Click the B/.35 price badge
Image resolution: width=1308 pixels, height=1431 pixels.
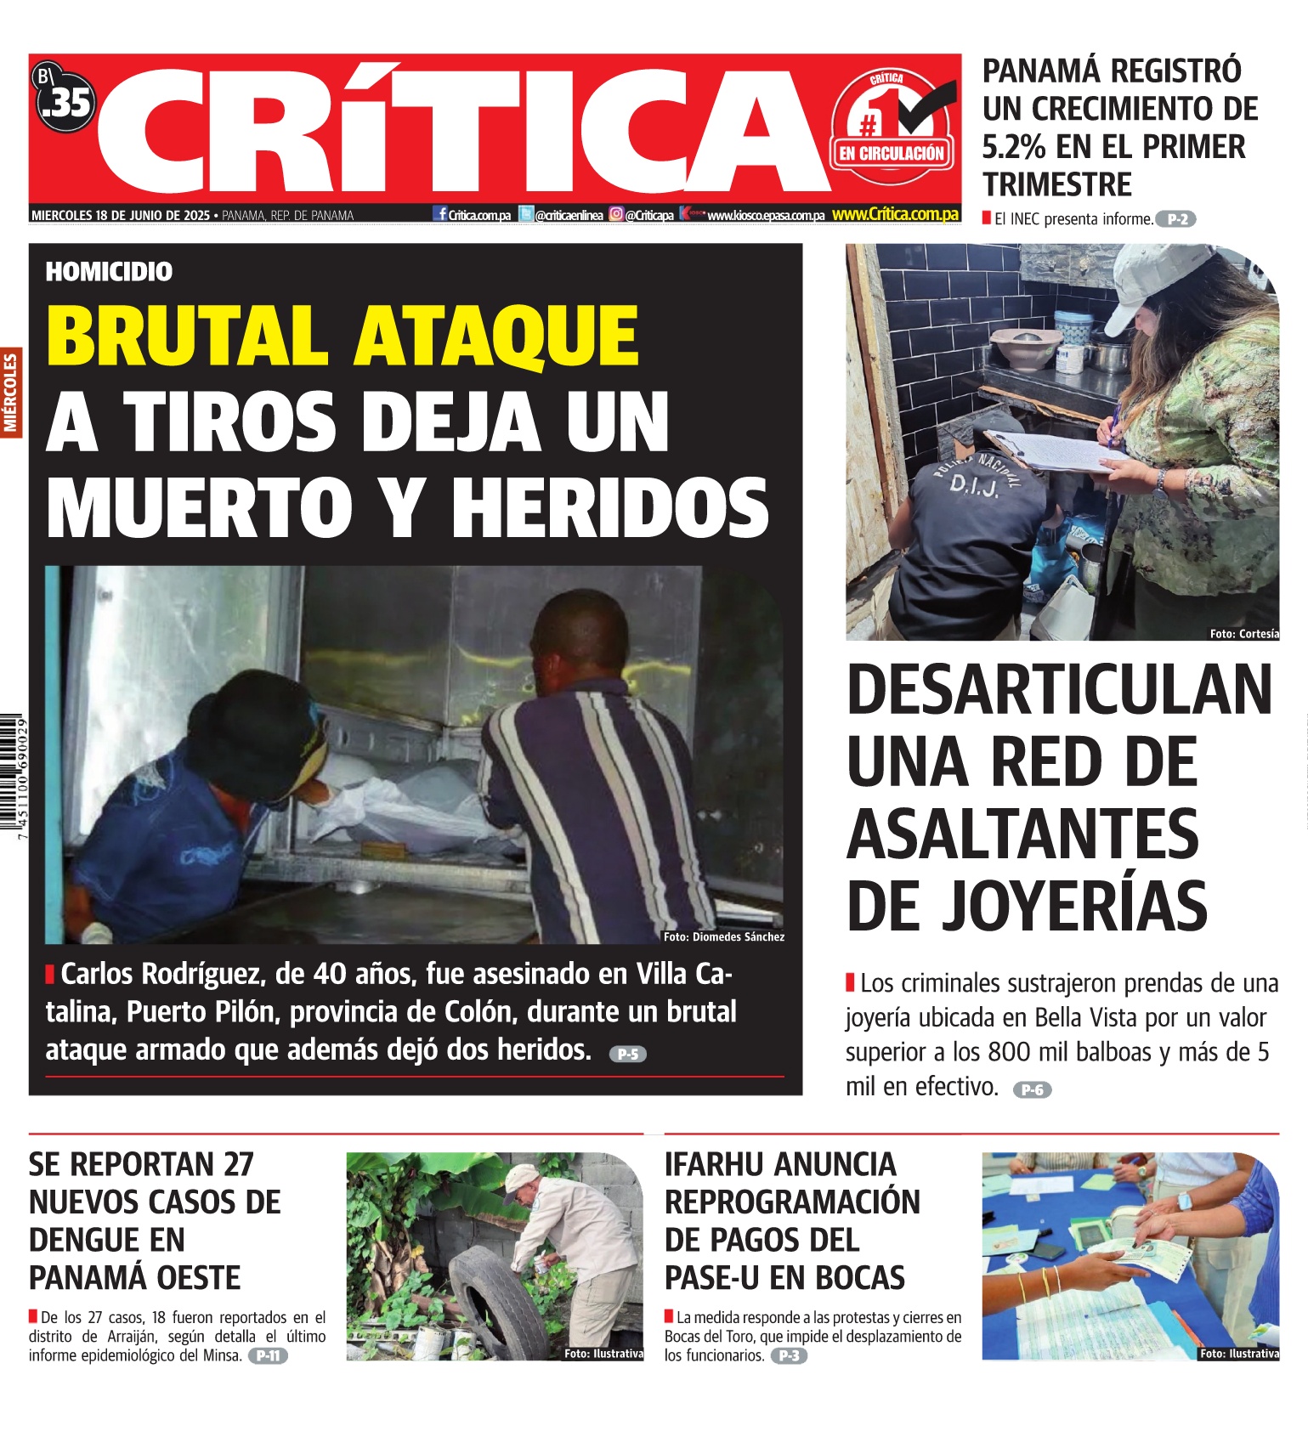click(x=65, y=100)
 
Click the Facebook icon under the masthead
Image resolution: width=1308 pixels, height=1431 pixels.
click(x=440, y=214)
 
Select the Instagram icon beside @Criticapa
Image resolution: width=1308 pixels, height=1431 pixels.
click(x=616, y=215)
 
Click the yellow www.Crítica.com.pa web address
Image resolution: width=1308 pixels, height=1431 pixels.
click(x=895, y=214)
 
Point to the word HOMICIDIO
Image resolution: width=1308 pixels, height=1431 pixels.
click(x=109, y=272)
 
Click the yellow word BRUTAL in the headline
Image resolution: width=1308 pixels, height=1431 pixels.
click(x=187, y=336)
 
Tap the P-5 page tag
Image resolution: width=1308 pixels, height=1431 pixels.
click(x=628, y=1054)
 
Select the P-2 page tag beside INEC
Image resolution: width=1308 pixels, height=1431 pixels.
click(x=1176, y=219)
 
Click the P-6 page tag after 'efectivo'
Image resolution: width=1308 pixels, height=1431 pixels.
click(x=1032, y=1089)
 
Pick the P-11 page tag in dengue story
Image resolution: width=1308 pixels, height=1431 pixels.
click(x=269, y=1355)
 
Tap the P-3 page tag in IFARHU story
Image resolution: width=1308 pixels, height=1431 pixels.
click(x=789, y=1355)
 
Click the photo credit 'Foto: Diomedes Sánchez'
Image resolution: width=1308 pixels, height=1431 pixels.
click(x=723, y=936)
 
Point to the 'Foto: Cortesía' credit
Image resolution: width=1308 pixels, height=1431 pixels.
click(x=1243, y=633)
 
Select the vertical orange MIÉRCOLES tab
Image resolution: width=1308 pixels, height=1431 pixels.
click(x=11, y=393)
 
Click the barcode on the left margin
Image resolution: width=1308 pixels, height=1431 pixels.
click(x=13, y=778)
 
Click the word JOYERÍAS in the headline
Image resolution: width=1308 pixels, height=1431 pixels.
click(x=1073, y=908)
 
